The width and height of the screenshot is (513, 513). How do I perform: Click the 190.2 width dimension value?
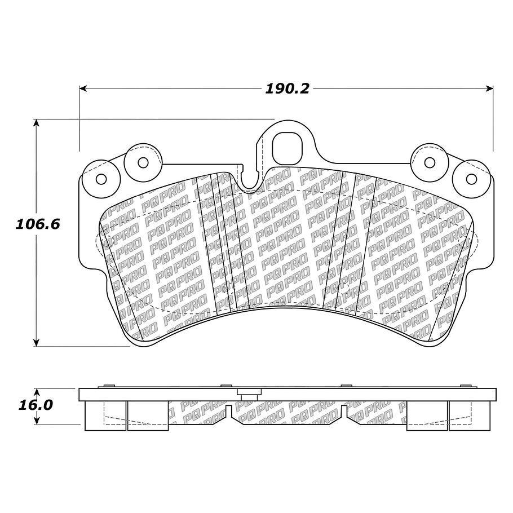[x=288, y=89]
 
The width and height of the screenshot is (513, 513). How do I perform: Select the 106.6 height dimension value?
[x=37, y=224]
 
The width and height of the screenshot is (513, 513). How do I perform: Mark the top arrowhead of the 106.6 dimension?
[x=37, y=123]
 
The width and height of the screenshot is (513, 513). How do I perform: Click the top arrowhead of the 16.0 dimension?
[x=37, y=391]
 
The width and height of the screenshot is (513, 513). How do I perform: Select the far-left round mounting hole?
[x=101, y=179]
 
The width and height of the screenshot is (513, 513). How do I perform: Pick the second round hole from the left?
[x=143, y=163]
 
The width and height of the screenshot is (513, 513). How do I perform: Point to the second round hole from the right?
[x=430, y=163]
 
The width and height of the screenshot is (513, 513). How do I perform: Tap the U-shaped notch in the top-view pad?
[x=249, y=180]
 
